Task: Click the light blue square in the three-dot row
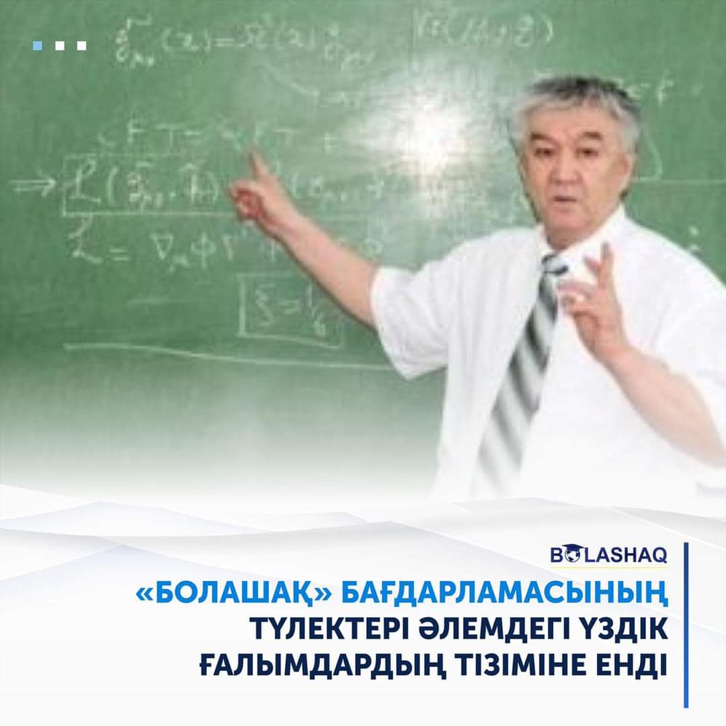pyautogui.click(x=38, y=46)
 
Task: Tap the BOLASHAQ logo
pyautogui.click(x=608, y=556)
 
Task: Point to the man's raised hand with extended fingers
pyautogui.click(x=595, y=302)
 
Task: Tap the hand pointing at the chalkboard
pyautogui.click(x=259, y=195)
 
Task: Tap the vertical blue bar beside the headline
pyautogui.click(x=686, y=625)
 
